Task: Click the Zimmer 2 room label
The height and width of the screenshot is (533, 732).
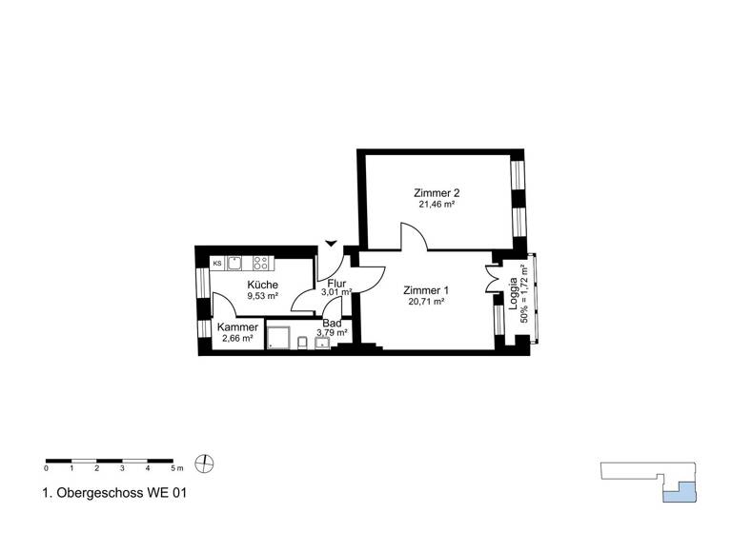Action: click(x=436, y=191)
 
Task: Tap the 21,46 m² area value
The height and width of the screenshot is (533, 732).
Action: click(x=436, y=204)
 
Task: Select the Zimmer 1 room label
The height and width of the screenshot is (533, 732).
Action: click(x=425, y=290)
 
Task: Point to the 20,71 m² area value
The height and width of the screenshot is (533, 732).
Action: click(x=425, y=303)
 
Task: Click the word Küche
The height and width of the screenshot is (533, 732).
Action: click(x=262, y=285)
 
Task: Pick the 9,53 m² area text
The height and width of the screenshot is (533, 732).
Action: click(x=262, y=296)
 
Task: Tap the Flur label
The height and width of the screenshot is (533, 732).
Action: click(x=335, y=284)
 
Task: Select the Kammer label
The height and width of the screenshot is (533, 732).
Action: click(x=237, y=327)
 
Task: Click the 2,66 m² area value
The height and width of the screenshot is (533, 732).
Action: click(x=237, y=339)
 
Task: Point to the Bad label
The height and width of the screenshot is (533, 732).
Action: click(x=332, y=324)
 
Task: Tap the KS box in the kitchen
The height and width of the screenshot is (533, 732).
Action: click(x=217, y=263)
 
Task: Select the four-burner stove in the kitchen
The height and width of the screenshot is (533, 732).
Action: click(x=262, y=263)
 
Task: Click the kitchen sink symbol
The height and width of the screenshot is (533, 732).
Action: click(x=234, y=263)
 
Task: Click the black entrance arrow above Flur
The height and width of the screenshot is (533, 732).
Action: click(x=331, y=244)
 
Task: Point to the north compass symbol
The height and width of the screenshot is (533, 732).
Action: click(x=202, y=464)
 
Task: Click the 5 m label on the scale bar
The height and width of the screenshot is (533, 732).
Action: click(x=176, y=469)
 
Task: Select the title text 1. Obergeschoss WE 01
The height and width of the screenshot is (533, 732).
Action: click(x=108, y=493)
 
